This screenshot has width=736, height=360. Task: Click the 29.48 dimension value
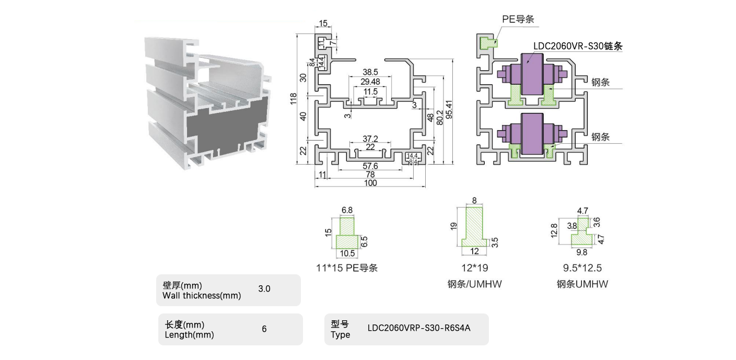click(370, 82)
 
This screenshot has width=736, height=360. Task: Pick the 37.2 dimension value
click(370, 138)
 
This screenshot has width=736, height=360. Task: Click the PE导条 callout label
click(518, 19)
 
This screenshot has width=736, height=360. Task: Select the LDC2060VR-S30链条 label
click(578, 46)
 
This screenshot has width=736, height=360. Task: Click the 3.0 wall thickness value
click(264, 288)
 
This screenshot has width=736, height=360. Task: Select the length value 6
click(264, 329)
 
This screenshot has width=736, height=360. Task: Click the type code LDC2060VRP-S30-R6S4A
click(419, 328)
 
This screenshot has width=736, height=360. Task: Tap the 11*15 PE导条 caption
click(347, 268)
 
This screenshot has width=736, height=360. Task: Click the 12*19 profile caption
click(474, 268)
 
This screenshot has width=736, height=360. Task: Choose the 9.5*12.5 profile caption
click(582, 268)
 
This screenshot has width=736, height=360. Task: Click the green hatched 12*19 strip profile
click(474, 227)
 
